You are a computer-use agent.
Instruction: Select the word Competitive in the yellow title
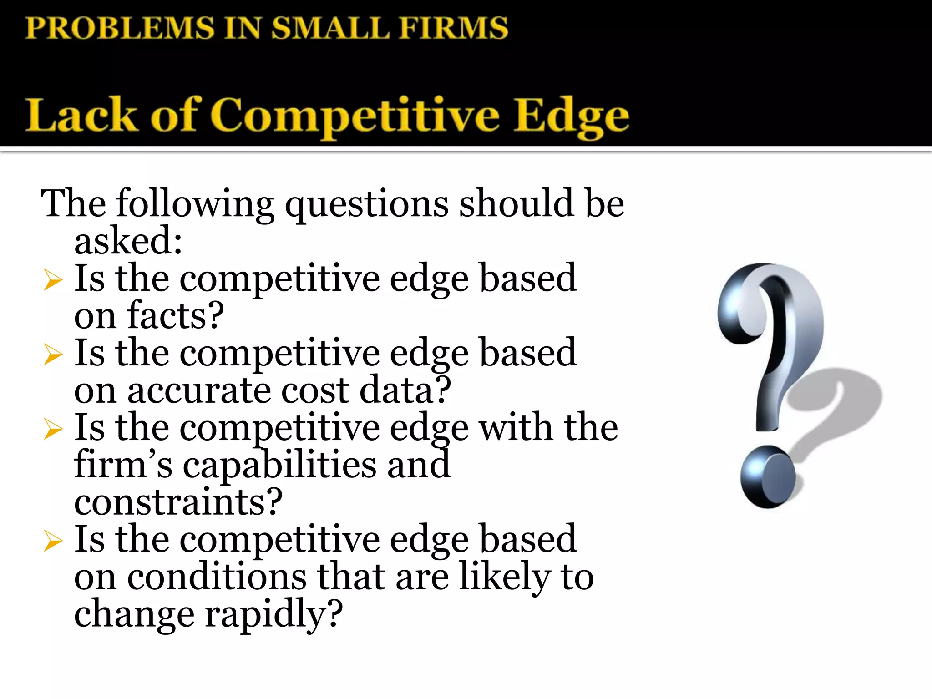coord(355,116)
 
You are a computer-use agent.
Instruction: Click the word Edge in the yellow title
coord(571,116)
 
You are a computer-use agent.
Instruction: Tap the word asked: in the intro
coord(128,241)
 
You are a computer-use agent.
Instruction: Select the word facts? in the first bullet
coord(176,315)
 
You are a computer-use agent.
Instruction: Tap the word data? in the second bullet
coord(405,390)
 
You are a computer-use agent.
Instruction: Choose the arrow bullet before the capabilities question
coord(53,429)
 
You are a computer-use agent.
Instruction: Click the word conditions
coord(217,577)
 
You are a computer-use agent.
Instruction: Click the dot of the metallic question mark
coord(767,476)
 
